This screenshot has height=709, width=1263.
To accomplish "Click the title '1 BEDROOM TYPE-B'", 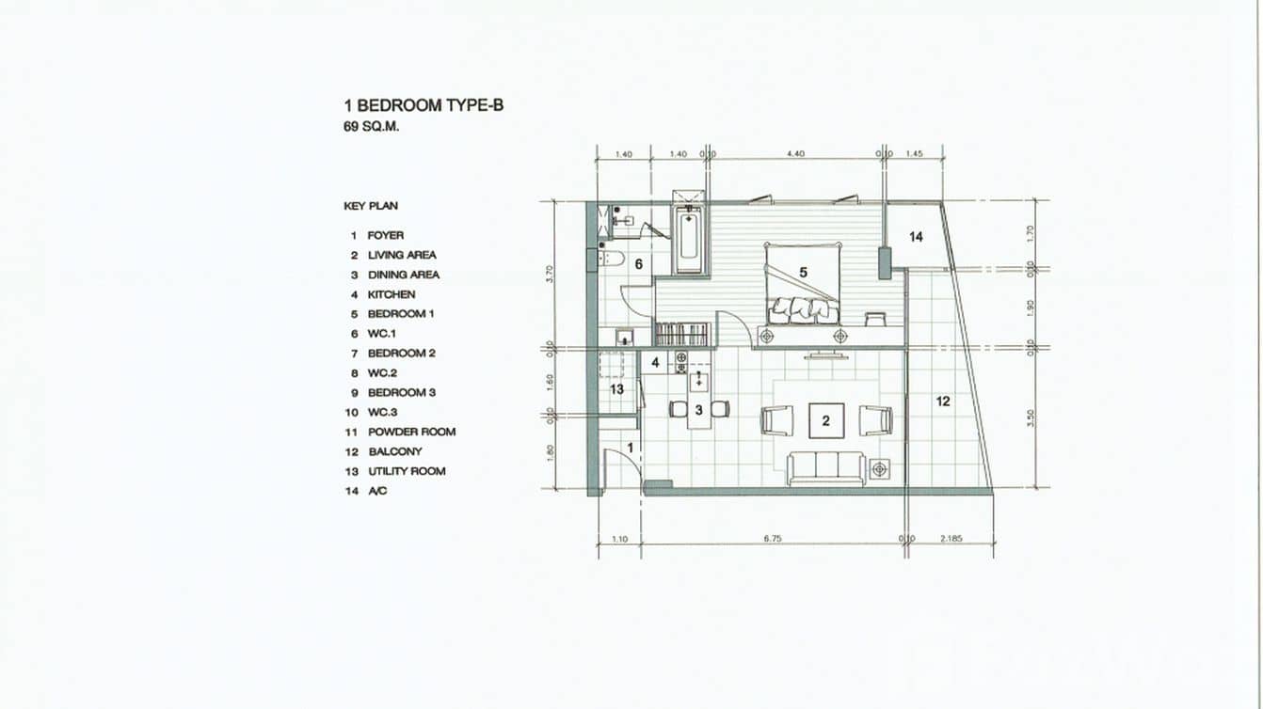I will click(x=424, y=105).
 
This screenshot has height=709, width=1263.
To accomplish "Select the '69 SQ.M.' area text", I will click(x=371, y=127).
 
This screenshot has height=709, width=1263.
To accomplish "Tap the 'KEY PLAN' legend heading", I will click(x=371, y=206).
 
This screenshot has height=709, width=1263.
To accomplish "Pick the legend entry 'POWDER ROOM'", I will click(x=411, y=432).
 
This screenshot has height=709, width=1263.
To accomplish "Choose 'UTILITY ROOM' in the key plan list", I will click(x=407, y=471).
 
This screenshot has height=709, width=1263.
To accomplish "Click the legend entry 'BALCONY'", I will click(x=394, y=451).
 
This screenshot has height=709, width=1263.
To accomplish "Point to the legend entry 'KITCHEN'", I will click(x=391, y=294).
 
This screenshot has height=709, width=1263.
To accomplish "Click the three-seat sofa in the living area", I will click(x=826, y=467).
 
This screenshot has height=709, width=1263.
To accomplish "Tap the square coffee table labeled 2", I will click(x=826, y=420).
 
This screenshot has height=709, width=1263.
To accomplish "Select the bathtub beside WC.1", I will click(x=688, y=240).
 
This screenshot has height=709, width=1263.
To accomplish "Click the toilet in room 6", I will click(x=612, y=259).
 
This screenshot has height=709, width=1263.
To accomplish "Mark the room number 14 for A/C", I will click(x=916, y=237).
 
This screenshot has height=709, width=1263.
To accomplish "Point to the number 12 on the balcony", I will click(x=943, y=402).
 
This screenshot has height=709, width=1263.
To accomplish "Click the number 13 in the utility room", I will click(x=616, y=389).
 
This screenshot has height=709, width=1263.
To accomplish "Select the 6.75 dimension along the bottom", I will click(x=772, y=539).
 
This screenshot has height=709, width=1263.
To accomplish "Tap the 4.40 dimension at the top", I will click(x=795, y=153).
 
